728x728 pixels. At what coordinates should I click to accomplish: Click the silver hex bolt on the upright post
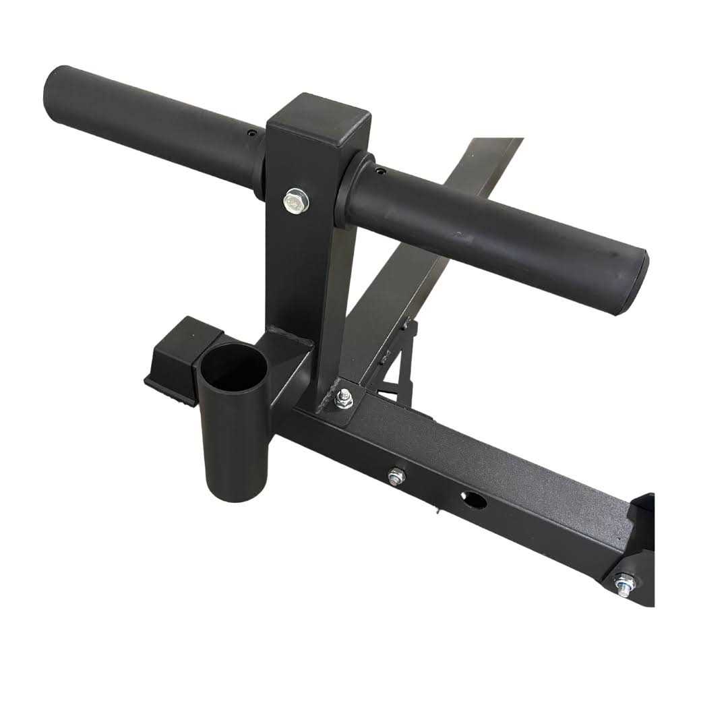tap(295, 200)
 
